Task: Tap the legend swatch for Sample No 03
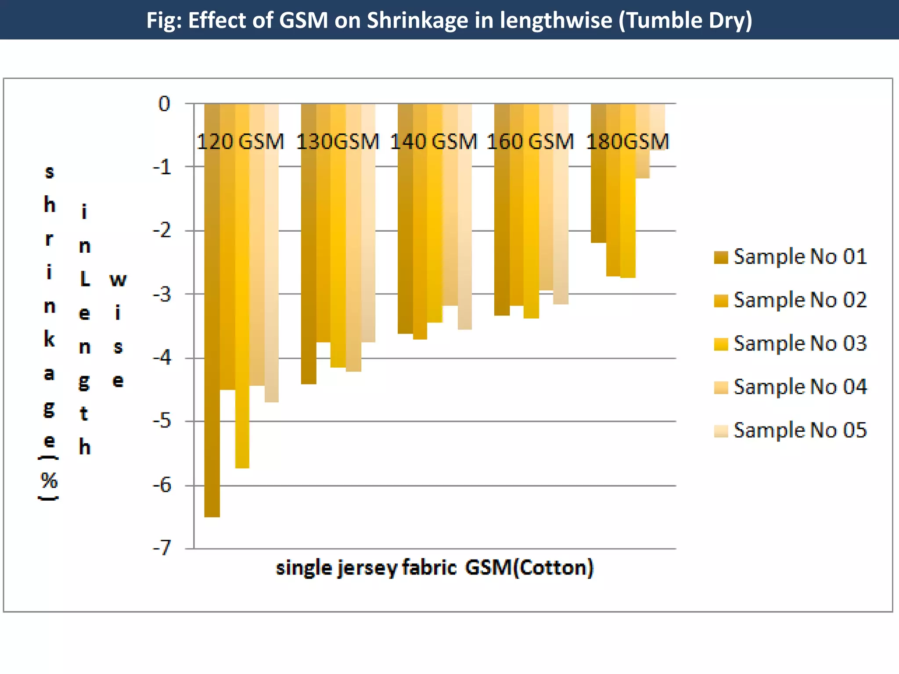coord(721,344)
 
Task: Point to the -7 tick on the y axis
coord(162,548)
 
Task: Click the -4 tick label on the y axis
coord(162,358)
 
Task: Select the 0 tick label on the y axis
coord(164,104)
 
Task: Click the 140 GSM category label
coord(433,142)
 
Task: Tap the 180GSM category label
coord(627,142)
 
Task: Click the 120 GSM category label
coord(240,142)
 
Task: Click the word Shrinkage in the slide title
coord(424,20)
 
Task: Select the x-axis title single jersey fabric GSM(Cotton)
coord(435,568)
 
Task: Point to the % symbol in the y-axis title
coord(49,481)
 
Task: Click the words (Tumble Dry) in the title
coord(685,20)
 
